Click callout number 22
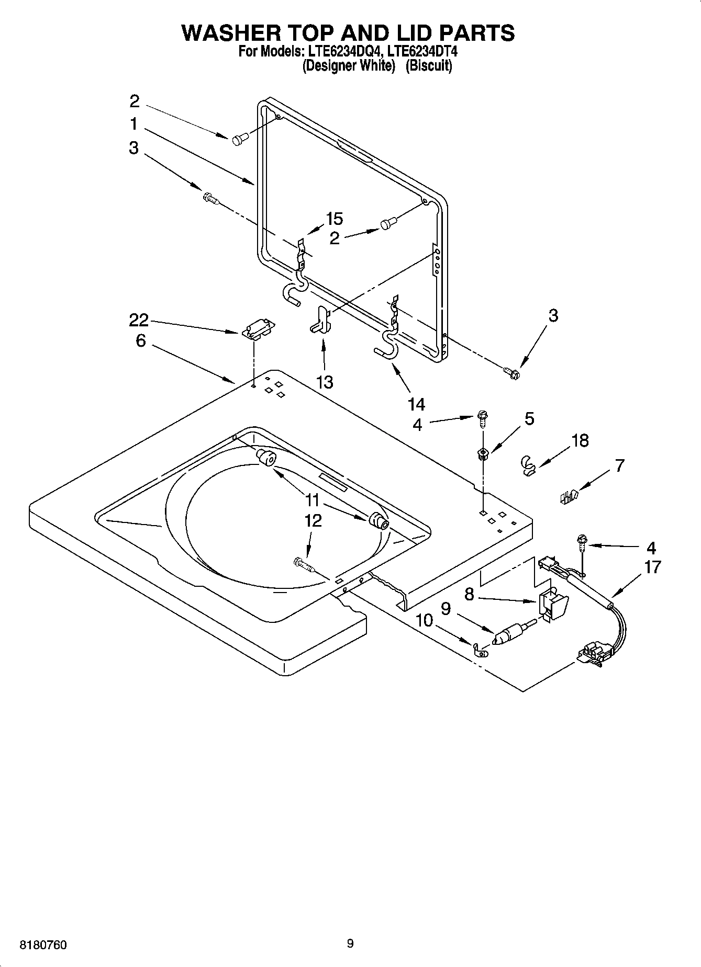139,320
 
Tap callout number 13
325,382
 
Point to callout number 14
417,404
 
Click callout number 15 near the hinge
334,219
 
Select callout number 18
580,441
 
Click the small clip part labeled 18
529,464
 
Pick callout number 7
619,465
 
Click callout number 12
313,521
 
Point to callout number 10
424,621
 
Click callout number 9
446,609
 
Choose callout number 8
469,594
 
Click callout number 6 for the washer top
140,341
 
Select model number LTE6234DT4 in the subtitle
417,52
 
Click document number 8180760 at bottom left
43,945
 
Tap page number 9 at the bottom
350,943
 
